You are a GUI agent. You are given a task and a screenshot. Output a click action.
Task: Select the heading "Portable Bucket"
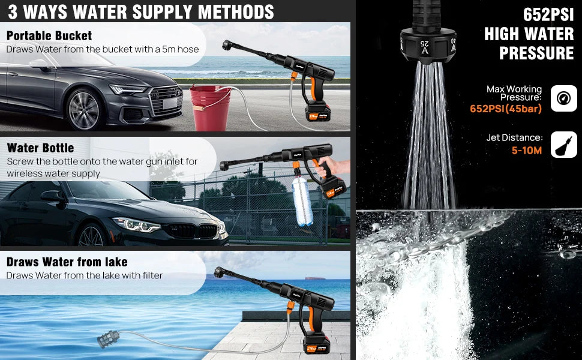click(49, 36)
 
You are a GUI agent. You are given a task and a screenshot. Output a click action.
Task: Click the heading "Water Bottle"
click(41, 148)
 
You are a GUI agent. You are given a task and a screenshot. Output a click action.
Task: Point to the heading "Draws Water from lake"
click(67, 262)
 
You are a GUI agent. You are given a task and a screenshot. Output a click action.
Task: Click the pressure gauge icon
click(563, 97)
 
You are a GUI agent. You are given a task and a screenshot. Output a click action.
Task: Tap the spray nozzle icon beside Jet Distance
click(563, 145)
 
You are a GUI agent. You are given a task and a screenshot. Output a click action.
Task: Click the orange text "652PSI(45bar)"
click(506, 109)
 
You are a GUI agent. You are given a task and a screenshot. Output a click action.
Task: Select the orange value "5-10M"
click(527, 150)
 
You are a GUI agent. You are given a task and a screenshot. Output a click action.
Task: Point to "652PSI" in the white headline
click(548, 14)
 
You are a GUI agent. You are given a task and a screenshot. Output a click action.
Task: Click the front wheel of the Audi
click(83, 110)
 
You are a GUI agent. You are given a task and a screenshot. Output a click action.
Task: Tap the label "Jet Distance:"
click(514, 138)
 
